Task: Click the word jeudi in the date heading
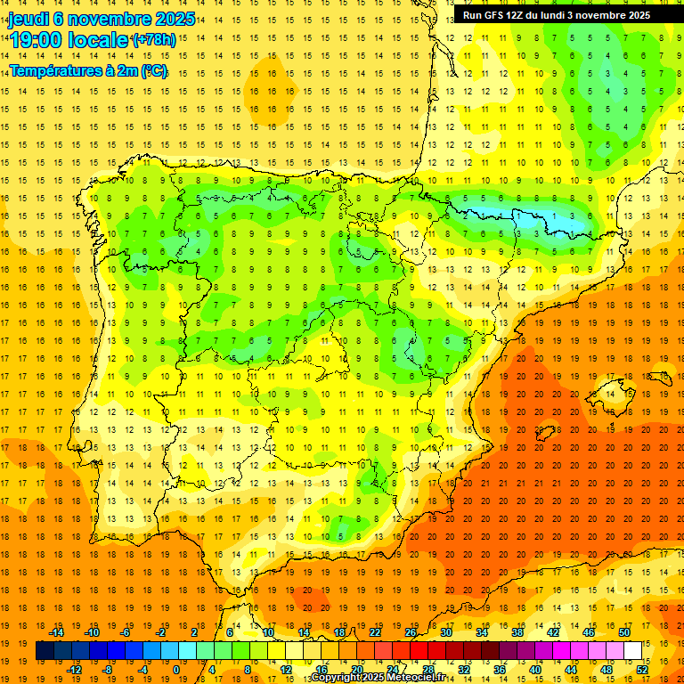(28, 20)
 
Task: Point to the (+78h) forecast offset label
(153, 40)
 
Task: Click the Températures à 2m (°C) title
(88, 70)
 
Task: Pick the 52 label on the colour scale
(642, 669)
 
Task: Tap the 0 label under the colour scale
(177, 669)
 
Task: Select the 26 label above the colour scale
(411, 632)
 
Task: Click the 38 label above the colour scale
(517, 632)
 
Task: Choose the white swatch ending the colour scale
(632, 650)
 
